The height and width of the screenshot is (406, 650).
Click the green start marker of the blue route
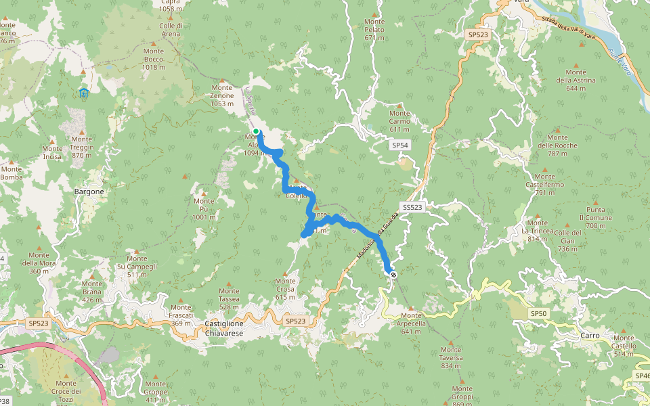[256, 131]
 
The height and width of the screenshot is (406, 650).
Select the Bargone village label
[89, 191]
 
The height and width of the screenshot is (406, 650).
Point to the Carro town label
[590, 336]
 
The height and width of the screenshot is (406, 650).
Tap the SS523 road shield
[412, 208]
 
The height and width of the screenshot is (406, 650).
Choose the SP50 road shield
[538, 314]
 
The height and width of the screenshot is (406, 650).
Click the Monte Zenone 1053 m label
[222, 95]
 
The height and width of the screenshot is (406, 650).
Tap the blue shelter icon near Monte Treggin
[84, 92]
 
